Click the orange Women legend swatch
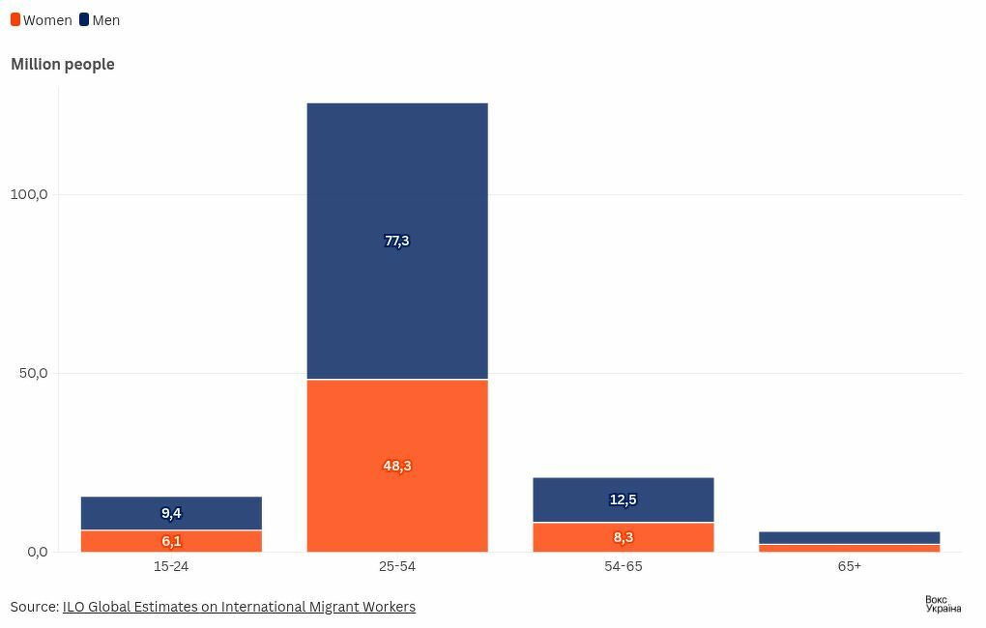click(15, 20)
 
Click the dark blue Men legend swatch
click(84, 20)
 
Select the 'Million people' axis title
click(63, 64)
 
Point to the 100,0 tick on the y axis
click(29, 194)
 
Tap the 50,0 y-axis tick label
click(33, 373)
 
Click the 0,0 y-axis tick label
click(37, 552)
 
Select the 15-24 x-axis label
click(171, 566)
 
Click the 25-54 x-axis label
click(397, 566)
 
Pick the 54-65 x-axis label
click(623, 566)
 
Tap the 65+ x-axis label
click(849, 566)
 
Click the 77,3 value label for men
click(397, 241)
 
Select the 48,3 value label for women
click(397, 466)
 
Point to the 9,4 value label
click(171, 513)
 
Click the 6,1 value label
click(171, 541)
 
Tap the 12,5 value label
click(623, 500)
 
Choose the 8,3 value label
click(623, 537)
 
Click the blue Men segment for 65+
click(849, 538)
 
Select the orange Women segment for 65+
click(849, 549)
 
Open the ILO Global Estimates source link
click(239, 607)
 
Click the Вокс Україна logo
click(942, 604)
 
